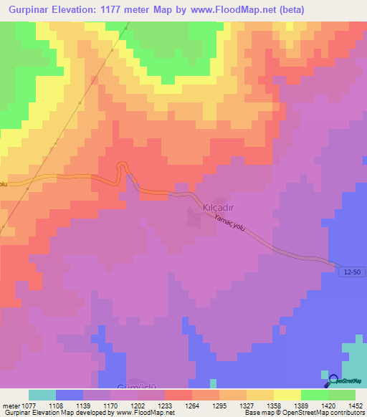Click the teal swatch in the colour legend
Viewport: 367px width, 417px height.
pos(42,395)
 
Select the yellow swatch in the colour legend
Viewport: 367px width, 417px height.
pos(287,395)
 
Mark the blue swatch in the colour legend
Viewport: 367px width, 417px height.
pos(70,395)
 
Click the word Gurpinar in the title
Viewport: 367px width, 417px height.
pos(27,10)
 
